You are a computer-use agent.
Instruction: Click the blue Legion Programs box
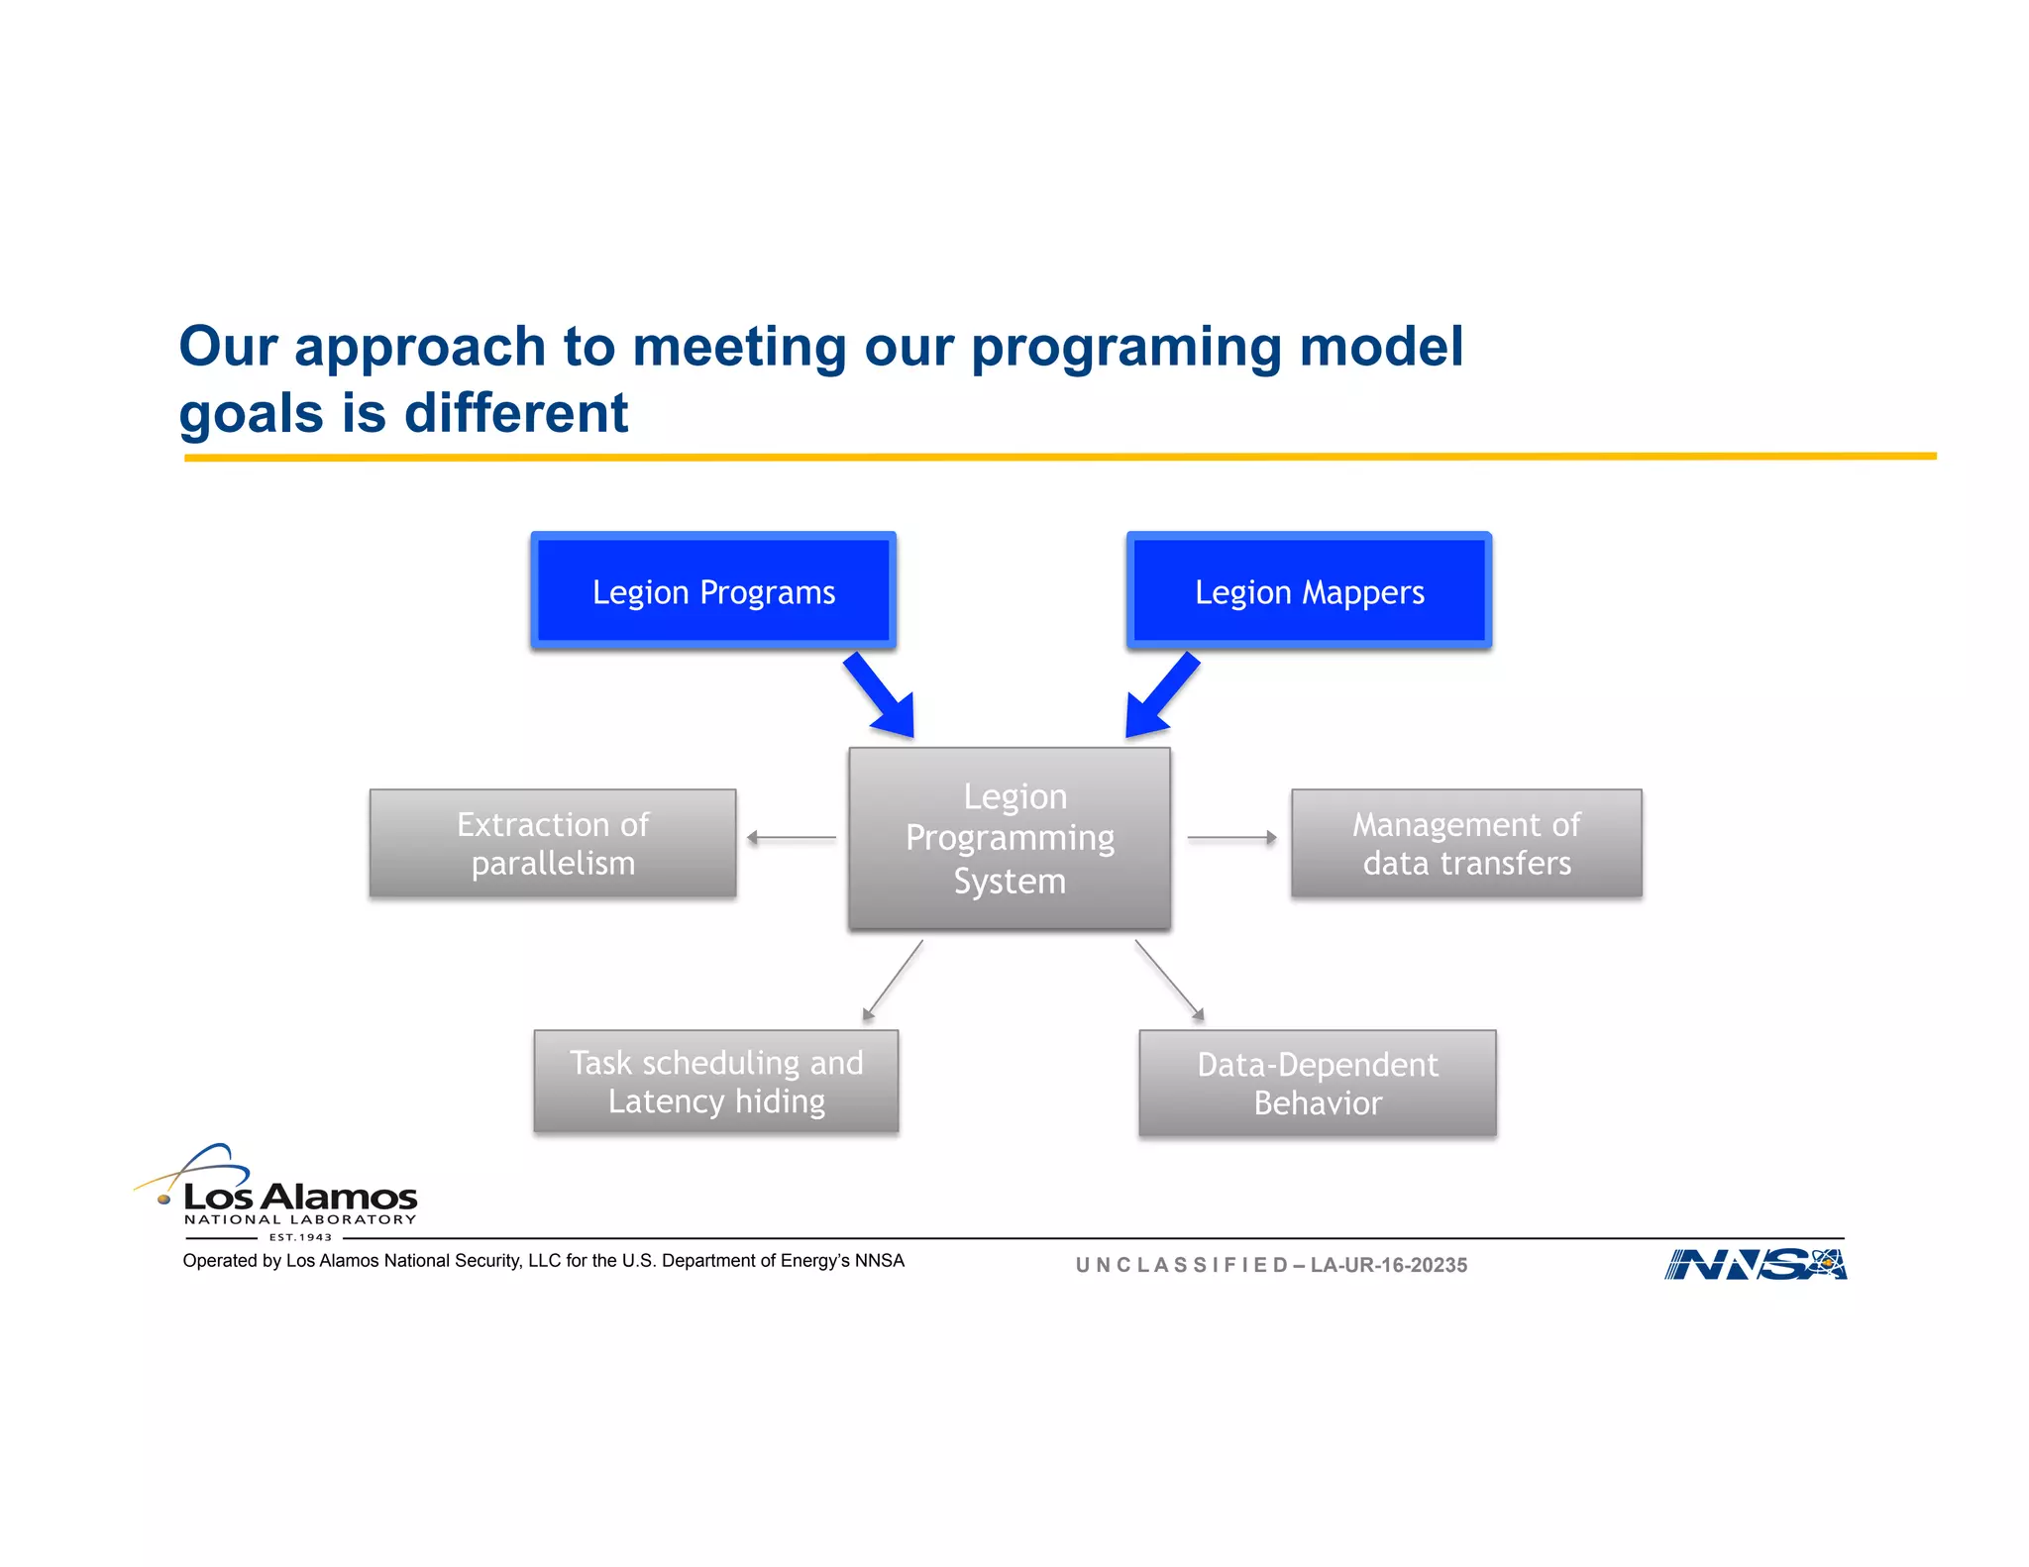[713, 591]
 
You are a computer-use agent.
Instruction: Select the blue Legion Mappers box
[1309, 591]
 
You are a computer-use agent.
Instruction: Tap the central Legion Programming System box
[1010, 839]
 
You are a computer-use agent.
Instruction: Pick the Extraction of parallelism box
[553, 843]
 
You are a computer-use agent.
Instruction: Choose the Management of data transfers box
[1466, 843]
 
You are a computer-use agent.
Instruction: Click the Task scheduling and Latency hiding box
[716, 1082]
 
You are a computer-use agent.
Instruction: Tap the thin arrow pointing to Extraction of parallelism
[792, 838]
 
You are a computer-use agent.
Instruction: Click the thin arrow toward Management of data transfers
[1231, 838]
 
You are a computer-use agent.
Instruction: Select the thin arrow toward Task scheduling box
[893, 980]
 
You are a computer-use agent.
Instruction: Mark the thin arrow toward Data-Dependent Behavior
[1169, 980]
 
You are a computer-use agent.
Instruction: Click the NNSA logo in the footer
[1756, 1265]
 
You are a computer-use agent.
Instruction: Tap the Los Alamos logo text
[300, 1198]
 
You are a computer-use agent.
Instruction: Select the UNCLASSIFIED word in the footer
[1181, 1265]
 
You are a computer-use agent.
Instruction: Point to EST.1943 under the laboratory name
[300, 1237]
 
